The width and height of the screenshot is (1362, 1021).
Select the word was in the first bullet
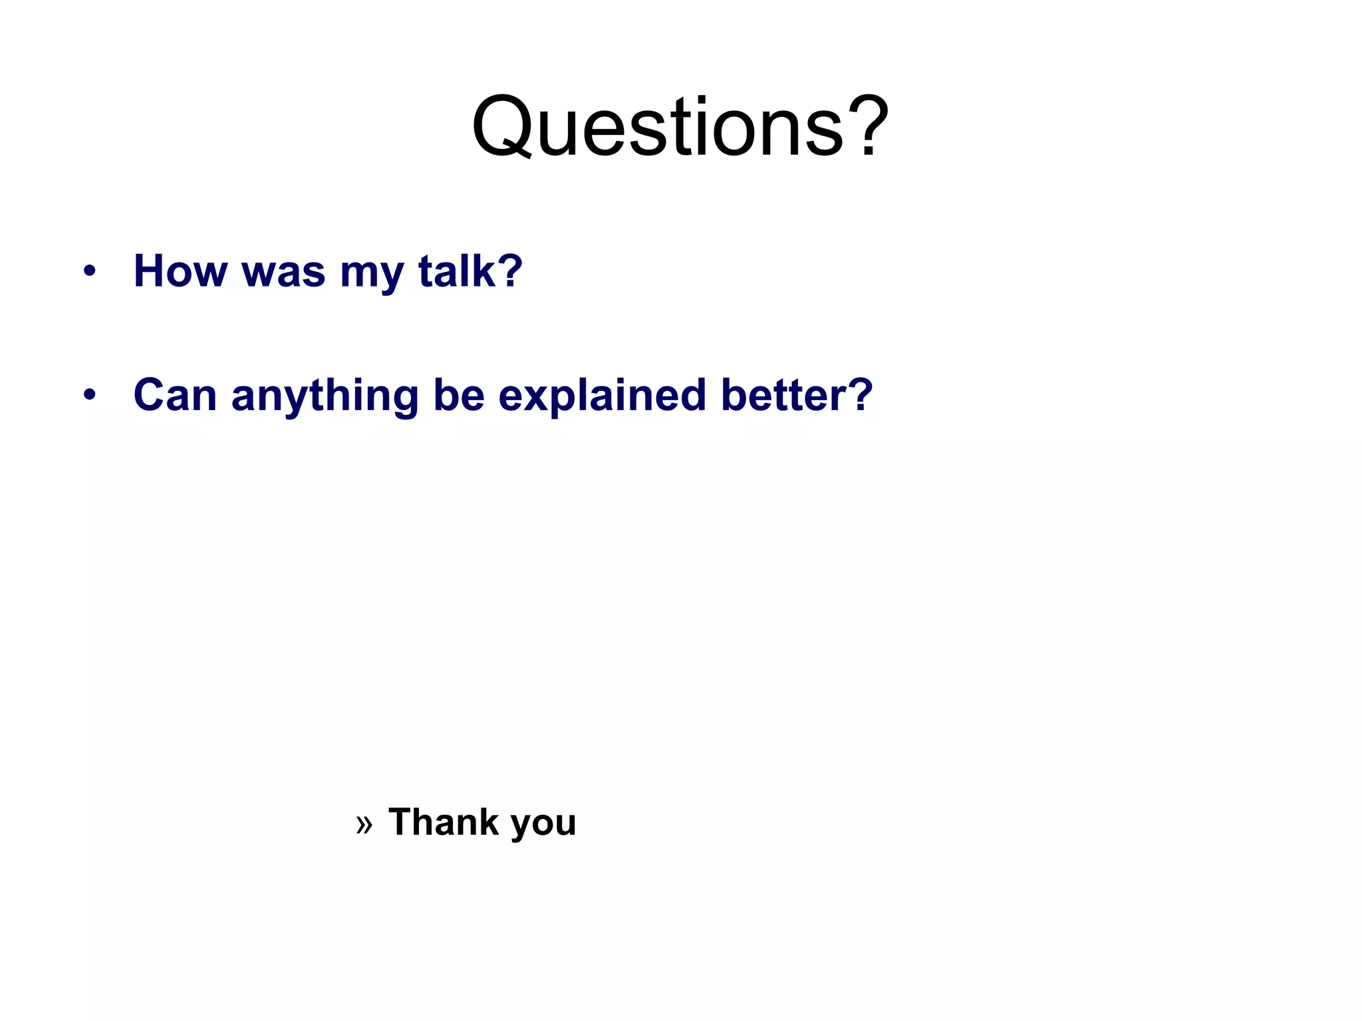click(283, 273)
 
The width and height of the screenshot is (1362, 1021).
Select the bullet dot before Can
click(90, 395)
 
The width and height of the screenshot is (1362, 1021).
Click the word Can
click(175, 395)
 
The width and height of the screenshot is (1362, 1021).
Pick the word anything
click(325, 396)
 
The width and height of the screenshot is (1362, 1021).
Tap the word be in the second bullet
click(459, 395)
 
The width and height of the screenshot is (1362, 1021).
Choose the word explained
click(602, 396)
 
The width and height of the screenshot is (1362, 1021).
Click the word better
click(785, 395)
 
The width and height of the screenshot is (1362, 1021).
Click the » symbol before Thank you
click(364, 824)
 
